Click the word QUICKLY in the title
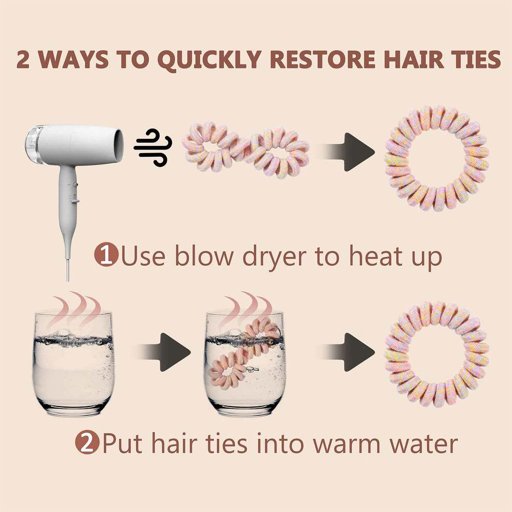pyautogui.click(x=209, y=60)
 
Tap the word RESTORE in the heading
pyautogui.click(x=323, y=59)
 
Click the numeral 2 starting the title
pyautogui.click(x=23, y=59)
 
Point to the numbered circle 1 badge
pyautogui.click(x=106, y=254)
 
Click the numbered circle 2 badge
pyautogui.click(x=87, y=442)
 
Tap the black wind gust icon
pyautogui.click(x=153, y=147)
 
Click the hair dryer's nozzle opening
pyautogui.click(x=119, y=145)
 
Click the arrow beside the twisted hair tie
pyautogui.click(x=349, y=152)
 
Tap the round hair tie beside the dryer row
pyautogui.click(x=437, y=158)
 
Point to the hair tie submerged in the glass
pyautogui.click(x=243, y=353)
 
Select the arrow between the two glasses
pyautogui.click(x=165, y=352)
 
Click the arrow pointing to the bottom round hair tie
pyautogui.click(x=349, y=352)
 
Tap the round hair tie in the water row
pyautogui.click(x=437, y=354)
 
